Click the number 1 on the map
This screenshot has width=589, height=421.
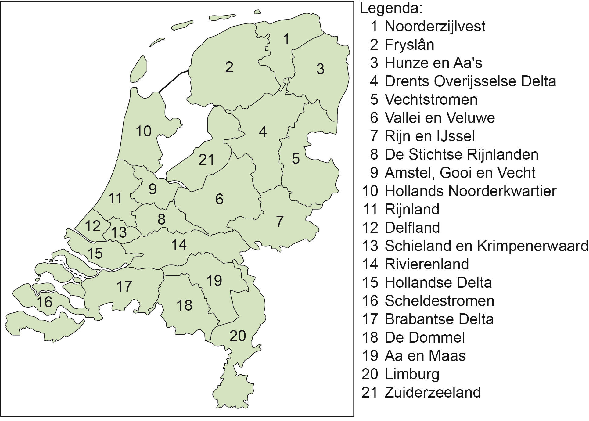(x=286, y=39)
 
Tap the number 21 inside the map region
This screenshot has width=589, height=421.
(x=207, y=160)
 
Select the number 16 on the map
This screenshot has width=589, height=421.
(x=45, y=302)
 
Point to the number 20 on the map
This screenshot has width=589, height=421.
(x=238, y=336)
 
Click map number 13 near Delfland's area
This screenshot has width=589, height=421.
(x=119, y=232)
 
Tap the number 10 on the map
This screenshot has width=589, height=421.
(x=143, y=131)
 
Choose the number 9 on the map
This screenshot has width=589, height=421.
(x=153, y=189)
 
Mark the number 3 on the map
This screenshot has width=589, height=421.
(x=320, y=69)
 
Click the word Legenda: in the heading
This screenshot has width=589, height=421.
(x=391, y=9)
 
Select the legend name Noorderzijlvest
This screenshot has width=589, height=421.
(x=435, y=26)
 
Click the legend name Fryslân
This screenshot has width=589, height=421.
(x=409, y=45)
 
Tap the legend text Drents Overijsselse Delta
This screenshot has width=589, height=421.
(x=470, y=81)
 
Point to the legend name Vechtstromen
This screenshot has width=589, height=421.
(x=431, y=99)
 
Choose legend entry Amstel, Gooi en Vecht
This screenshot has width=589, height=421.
(x=460, y=173)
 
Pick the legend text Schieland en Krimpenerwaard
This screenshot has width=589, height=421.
(x=486, y=246)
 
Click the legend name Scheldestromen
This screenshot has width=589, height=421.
(x=439, y=301)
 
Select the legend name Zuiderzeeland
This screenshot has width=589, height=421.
(x=433, y=392)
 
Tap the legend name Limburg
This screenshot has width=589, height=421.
(x=412, y=374)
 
